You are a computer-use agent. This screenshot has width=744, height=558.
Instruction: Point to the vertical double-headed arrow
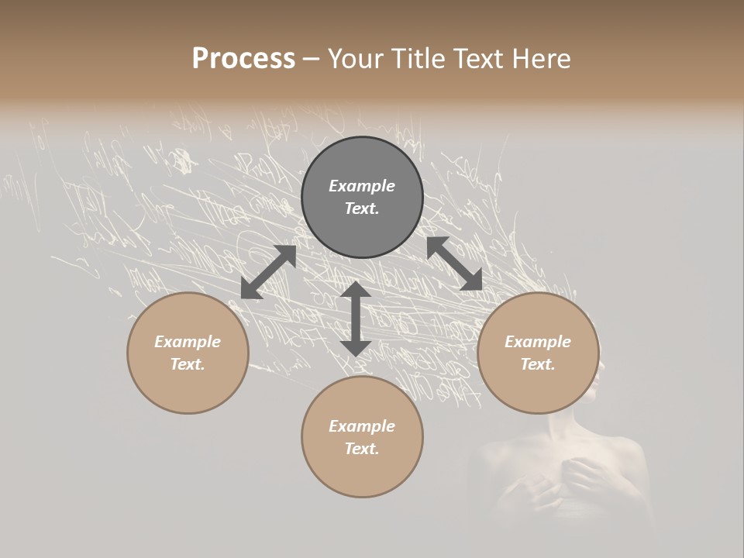[x=356, y=319]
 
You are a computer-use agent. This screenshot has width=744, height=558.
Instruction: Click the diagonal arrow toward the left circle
[x=268, y=272]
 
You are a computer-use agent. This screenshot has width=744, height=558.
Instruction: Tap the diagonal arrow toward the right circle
[x=454, y=263]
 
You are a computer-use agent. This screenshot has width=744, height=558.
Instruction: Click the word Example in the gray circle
[x=362, y=186]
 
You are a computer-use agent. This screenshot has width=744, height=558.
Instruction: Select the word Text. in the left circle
[x=188, y=364]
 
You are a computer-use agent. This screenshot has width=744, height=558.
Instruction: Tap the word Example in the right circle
[x=538, y=342]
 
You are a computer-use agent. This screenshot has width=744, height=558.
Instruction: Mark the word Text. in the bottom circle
[x=362, y=449]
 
